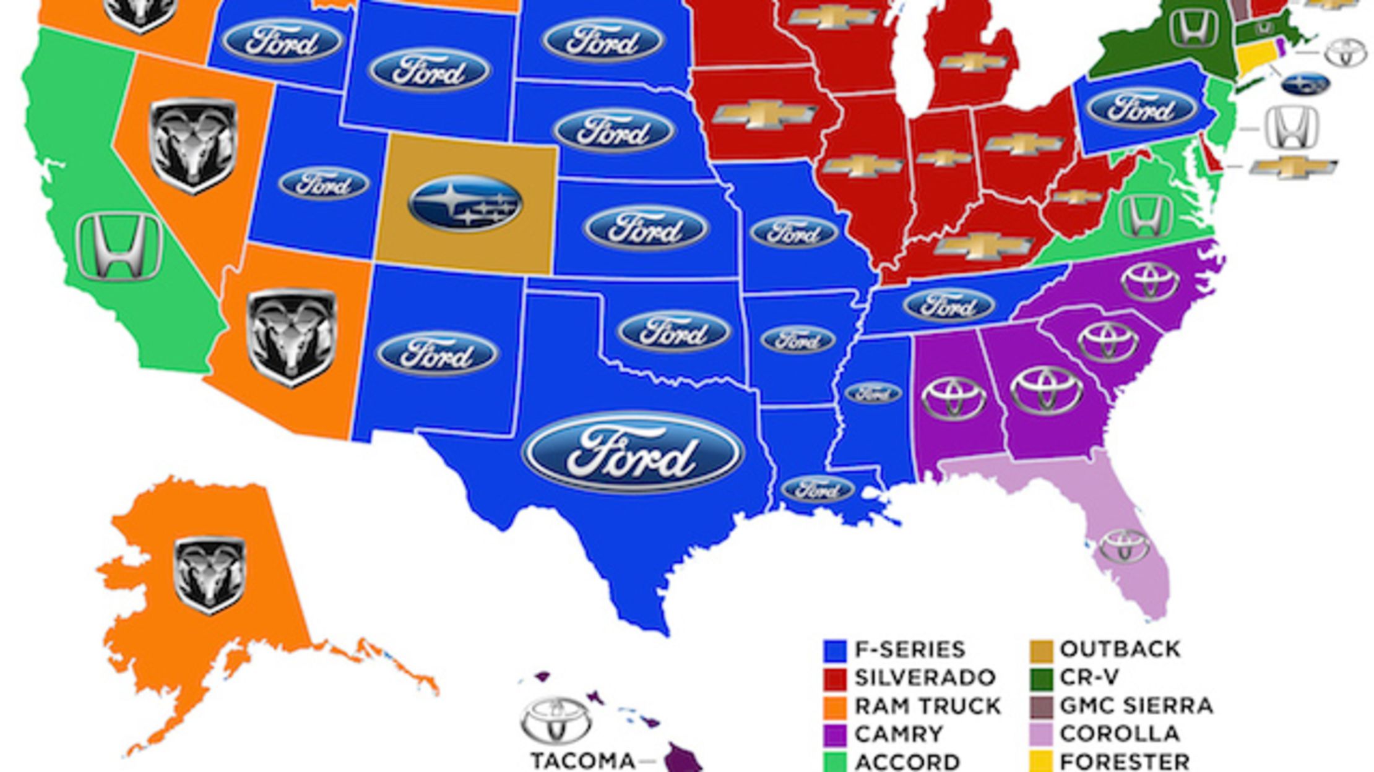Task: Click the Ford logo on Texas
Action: coord(633,453)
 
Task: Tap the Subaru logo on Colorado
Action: coord(465,204)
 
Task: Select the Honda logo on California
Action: coord(119,247)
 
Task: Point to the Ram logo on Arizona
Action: coord(292,337)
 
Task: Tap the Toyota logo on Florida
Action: coord(1125,546)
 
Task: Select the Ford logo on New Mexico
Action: coord(437,354)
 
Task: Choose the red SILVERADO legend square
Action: coord(834,679)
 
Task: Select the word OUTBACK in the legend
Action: coord(1120,649)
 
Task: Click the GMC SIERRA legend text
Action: coord(1136,706)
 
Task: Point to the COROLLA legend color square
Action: coord(1042,734)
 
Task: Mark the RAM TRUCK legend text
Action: coord(927,706)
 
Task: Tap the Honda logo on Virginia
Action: coord(1146,216)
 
